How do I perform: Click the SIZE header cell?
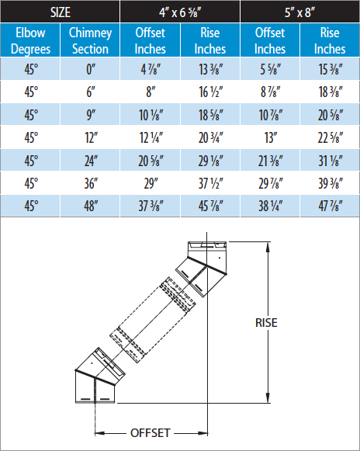(x=60, y=12)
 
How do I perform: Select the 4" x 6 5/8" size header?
(x=180, y=12)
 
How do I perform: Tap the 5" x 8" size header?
(x=300, y=12)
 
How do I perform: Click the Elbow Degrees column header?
(x=30, y=40)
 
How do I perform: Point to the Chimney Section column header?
(x=90, y=40)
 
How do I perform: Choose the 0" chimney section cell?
(x=90, y=69)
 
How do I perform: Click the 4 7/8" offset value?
(x=150, y=69)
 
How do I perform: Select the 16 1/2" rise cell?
(x=210, y=92)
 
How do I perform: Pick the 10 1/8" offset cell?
(x=150, y=114)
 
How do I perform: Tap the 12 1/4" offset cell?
(x=150, y=137)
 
